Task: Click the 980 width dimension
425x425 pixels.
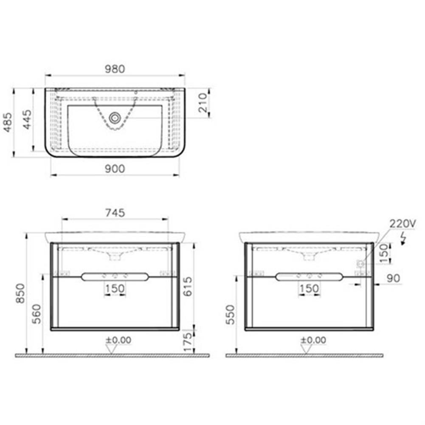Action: [115, 69]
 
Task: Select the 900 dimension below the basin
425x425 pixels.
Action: [115, 169]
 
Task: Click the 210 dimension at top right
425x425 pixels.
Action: [203, 102]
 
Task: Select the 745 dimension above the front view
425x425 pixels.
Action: [115, 213]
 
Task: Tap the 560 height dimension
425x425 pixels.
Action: [37, 313]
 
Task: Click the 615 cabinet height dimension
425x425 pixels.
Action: [187, 286]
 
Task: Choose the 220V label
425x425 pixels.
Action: [404, 224]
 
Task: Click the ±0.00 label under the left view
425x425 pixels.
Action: [118, 340]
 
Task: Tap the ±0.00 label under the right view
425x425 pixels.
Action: [313, 340]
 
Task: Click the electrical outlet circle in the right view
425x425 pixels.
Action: [360, 264]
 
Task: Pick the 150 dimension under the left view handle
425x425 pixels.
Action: [115, 289]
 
